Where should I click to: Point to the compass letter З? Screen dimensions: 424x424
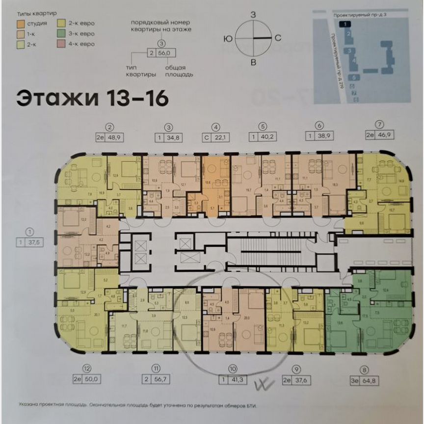point(253,15)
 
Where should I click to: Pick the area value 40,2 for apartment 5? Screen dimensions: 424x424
point(269,138)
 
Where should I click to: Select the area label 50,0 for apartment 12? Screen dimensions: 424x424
point(93,378)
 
